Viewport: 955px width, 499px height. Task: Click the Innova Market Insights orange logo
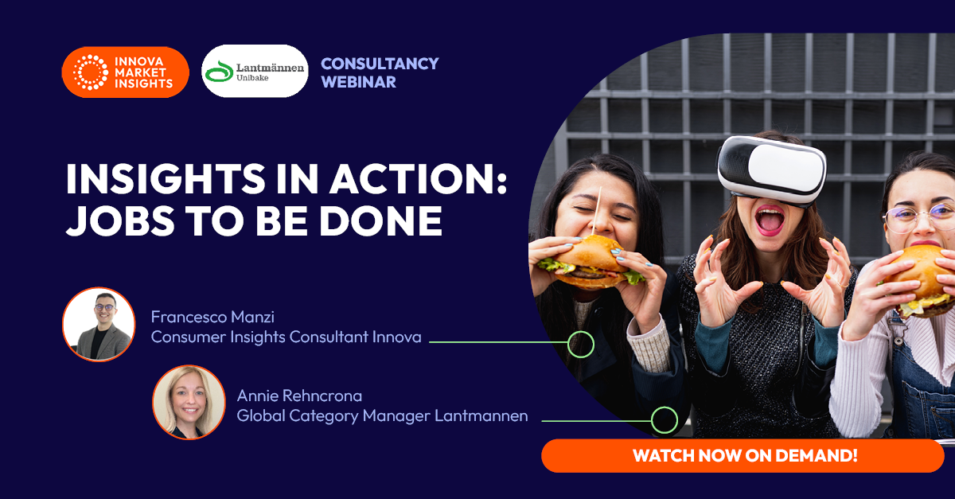point(126,72)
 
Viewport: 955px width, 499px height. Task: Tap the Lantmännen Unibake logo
point(255,71)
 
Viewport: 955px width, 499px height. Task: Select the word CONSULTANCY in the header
point(380,64)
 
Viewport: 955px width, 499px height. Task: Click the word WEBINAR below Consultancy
point(359,82)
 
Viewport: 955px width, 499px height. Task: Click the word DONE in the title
point(381,221)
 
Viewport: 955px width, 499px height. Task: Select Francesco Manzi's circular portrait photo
point(99,324)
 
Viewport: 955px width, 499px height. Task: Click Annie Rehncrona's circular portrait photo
point(189,402)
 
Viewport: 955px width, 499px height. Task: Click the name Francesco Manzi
point(212,317)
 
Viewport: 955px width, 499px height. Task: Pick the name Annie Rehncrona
point(299,396)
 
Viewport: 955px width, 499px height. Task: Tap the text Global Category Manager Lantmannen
point(383,415)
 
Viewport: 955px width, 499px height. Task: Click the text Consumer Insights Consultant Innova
point(286,337)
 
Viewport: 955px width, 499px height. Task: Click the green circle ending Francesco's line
point(581,344)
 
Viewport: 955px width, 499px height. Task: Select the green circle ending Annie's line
point(665,420)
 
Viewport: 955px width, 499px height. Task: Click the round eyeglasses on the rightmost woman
point(921,218)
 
